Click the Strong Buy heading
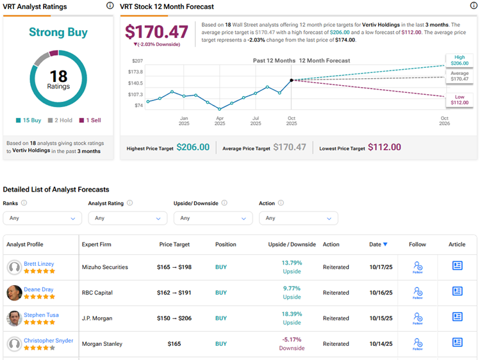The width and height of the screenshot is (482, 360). (59, 32)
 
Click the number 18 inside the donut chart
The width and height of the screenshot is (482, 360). (59, 76)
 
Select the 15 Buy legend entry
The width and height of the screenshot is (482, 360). (28, 120)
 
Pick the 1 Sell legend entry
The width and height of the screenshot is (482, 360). (90, 120)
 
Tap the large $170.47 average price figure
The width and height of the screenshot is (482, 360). (156, 31)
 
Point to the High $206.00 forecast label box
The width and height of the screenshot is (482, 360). (460, 60)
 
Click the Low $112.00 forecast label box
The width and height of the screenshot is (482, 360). (460, 99)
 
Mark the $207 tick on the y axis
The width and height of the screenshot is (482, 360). (138, 60)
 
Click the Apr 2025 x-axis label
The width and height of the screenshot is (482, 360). (220, 122)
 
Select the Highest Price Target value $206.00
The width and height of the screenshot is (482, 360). (193, 147)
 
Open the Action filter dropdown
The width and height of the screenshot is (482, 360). (298, 218)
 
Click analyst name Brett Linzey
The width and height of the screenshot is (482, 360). (39, 264)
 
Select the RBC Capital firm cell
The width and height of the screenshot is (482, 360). (97, 293)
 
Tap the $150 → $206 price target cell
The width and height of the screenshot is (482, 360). (174, 318)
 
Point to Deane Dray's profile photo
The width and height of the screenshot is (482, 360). (14, 293)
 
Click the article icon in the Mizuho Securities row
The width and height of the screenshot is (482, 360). (457, 266)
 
